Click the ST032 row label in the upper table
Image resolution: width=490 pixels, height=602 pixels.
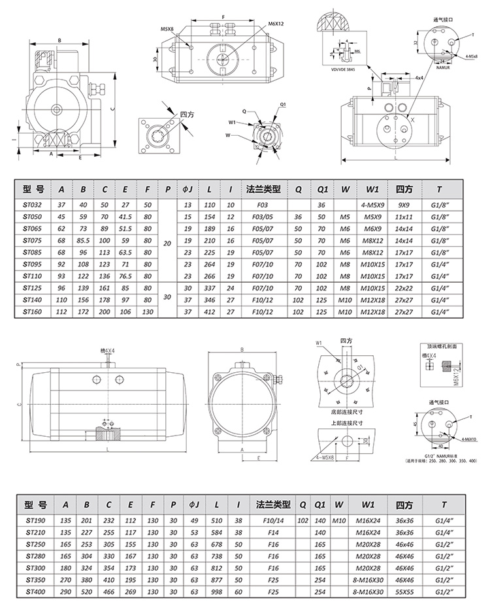pos(32,204)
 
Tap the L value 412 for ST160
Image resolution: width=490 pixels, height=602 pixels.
pos(210,312)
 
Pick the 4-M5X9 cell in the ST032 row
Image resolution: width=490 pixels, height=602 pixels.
pos(372,204)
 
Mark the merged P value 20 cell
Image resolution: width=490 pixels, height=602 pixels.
pos(167,242)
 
